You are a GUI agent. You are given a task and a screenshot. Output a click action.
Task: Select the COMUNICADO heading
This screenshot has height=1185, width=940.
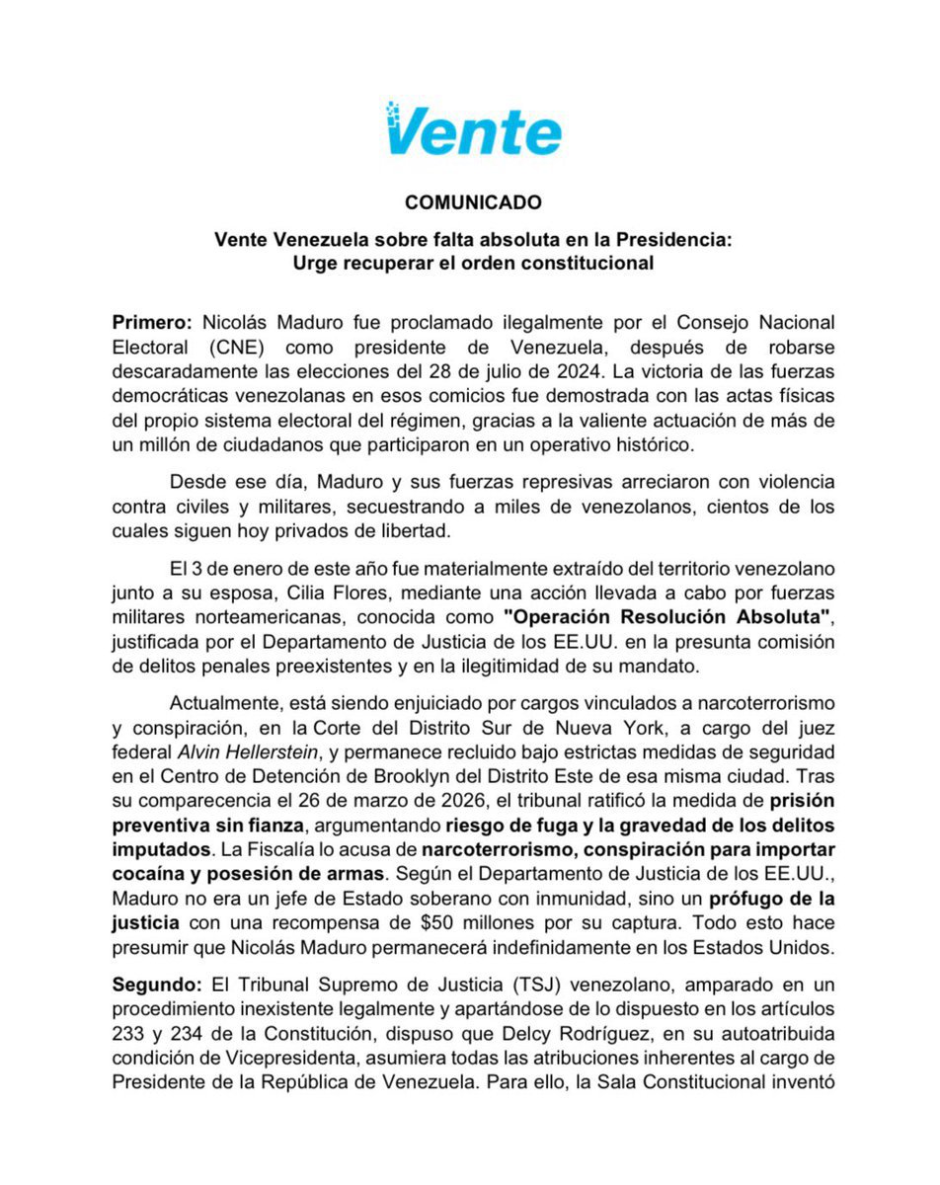[x=473, y=202]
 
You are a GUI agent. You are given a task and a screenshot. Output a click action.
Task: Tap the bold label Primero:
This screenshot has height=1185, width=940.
[x=153, y=323]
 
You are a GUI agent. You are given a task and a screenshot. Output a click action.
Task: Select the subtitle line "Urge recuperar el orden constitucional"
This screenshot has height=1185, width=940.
[x=473, y=263]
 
